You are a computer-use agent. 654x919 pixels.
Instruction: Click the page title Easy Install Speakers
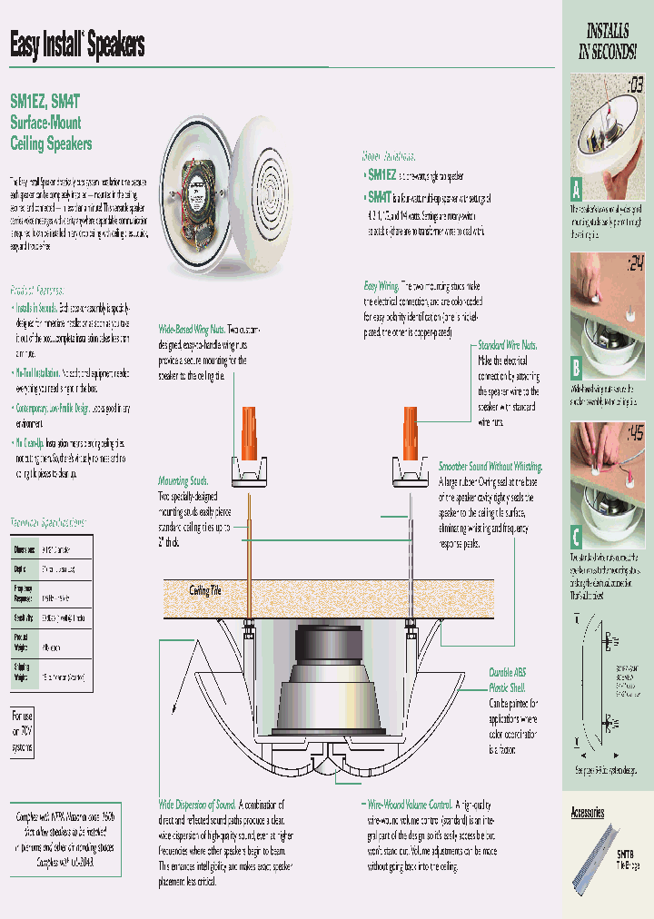[x=77, y=44]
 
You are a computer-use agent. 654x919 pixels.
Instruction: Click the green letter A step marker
[x=576, y=190]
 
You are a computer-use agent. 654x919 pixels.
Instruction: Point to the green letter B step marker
[x=576, y=369]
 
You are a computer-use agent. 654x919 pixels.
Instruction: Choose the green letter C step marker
[x=576, y=535]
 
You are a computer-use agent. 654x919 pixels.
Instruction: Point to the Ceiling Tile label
[x=204, y=590]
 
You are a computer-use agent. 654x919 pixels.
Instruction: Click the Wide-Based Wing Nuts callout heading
[x=192, y=329]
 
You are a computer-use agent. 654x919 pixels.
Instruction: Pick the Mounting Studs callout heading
[x=183, y=481]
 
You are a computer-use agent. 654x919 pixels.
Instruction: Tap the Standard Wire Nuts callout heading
[x=509, y=345]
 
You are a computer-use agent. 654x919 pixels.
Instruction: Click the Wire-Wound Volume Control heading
[x=409, y=805]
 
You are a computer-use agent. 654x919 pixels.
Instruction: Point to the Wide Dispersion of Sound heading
[x=197, y=805]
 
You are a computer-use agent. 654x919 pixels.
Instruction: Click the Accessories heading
[x=588, y=812]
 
